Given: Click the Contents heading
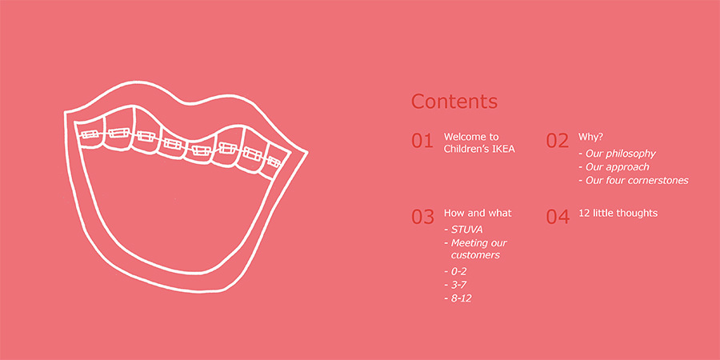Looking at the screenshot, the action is [454, 102].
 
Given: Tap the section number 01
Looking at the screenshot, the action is [422, 141].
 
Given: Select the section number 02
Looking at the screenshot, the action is [557, 141].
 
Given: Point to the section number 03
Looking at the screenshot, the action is [422, 217].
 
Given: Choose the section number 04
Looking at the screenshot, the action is [558, 217].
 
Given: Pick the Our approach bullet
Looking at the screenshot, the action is [614, 167].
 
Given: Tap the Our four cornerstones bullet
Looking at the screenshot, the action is [634, 181].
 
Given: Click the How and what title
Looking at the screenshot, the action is [478, 213].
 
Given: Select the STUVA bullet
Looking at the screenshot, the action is [463, 230].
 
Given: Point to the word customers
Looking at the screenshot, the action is [475, 255].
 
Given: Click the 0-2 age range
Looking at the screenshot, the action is [455, 271].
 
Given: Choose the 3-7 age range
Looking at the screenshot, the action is [455, 285].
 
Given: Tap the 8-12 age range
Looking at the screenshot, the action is [458, 298].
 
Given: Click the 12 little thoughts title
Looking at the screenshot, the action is [618, 213].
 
